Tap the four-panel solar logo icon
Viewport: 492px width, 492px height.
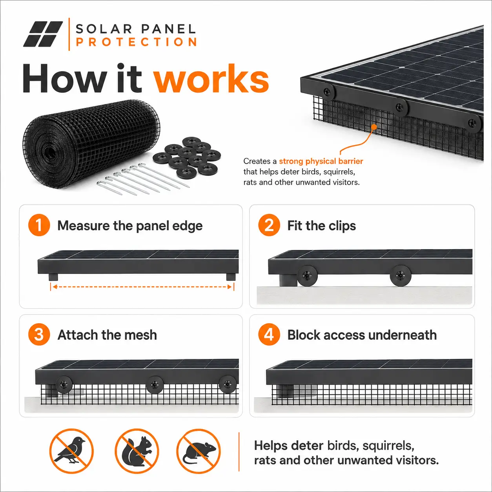click(43, 34)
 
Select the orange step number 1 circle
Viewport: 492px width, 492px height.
click(39, 225)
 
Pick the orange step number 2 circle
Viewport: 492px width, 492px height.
click(269, 225)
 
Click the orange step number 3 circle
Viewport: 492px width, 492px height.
click(39, 334)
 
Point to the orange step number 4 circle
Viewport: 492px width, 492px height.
click(269, 334)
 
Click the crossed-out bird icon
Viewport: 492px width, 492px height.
click(71, 451)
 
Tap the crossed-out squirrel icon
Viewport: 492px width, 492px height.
click(137, 451)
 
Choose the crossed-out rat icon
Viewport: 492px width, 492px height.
click(199, 451)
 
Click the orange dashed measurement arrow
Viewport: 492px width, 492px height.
click(142, 287)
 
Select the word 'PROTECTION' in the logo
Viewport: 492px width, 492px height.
click(137, 42)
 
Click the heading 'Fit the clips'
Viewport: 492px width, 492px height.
click(321, 226)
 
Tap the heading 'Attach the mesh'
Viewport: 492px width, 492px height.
click(107, 335)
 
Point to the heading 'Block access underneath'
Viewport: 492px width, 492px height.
click(362, 335)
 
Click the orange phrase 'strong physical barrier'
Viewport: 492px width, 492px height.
click(321, 161)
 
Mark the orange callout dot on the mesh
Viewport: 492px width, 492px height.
click(374, 127)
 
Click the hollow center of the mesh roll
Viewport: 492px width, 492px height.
click(49, 153)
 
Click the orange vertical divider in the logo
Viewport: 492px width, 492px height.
click(69, 34)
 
